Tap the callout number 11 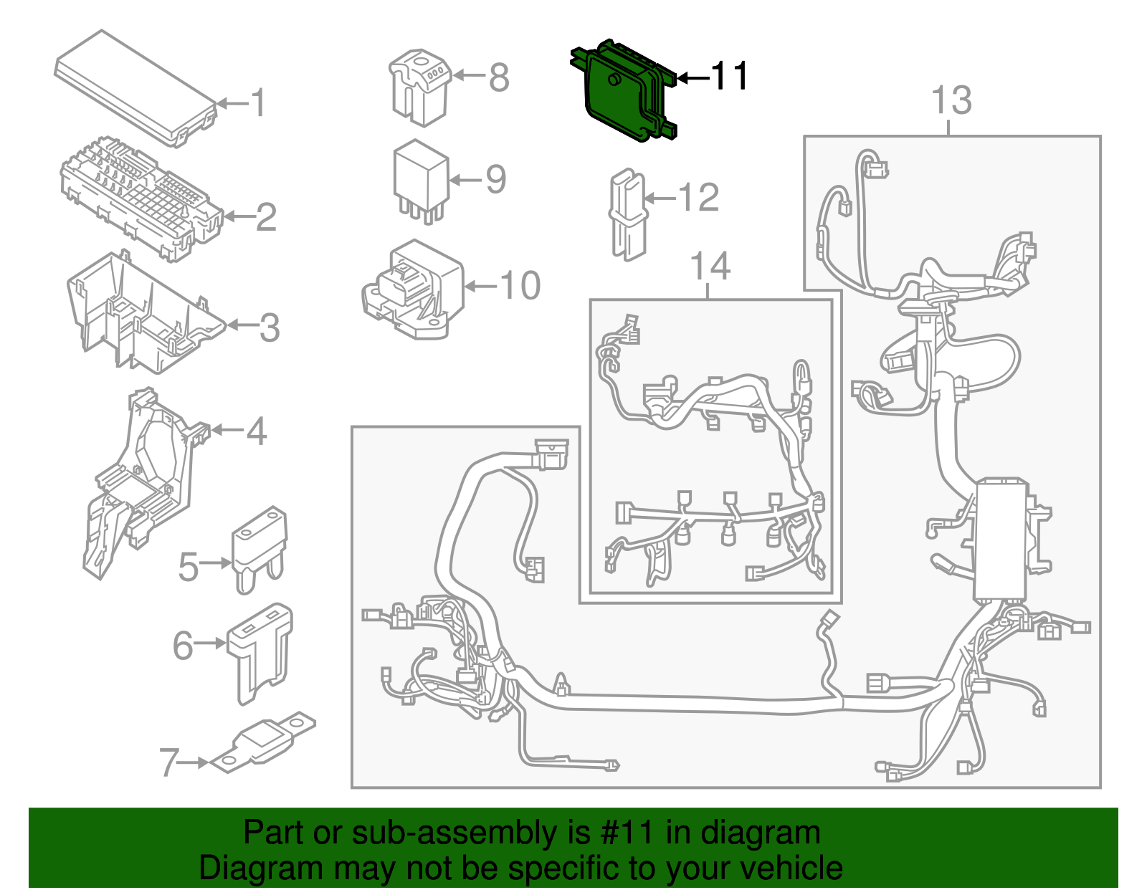[729, 76]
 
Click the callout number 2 [266, 217]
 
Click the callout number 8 [499, 77]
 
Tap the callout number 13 [951, 100]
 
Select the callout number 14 [710, 267]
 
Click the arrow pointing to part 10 [481, 286]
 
